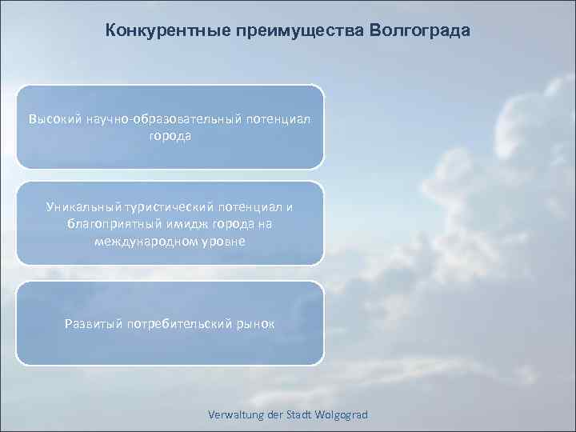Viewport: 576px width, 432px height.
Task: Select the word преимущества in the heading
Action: pyautogui.click(x=298, y=30)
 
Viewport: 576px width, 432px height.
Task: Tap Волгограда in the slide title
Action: pyautogui.click(x=419, y=30)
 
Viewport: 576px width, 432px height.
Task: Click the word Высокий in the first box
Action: pyautogui.click(x=55, y=119)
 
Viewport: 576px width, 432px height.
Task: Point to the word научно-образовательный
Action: pyautogui.click(x=158, y=119)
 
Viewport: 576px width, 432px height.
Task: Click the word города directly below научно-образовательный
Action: pyautogui.click(x=170, y=135)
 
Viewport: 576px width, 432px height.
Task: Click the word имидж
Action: pyautogui.click(x=178, y=224)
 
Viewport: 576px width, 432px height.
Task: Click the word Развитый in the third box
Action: pyautogui.click(x=91, y=324)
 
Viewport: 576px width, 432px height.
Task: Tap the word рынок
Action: pyautogui.click(x=254, y=324)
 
